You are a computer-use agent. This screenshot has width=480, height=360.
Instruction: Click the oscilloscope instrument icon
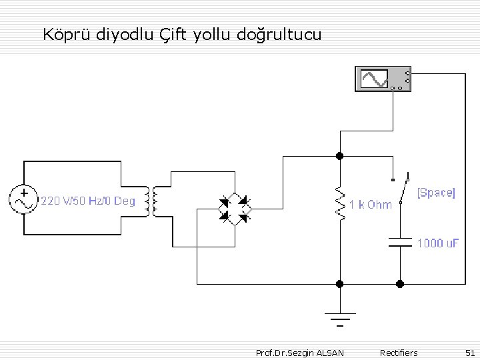[x=383, y=79]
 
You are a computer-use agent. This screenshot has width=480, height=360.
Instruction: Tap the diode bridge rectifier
[x=235, y=207]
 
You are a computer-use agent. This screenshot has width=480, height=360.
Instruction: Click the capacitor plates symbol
[x=400, y=241]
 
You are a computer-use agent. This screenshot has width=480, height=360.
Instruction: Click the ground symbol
[x=339, y=319]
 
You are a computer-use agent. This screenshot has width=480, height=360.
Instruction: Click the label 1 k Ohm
[x=370, y=205]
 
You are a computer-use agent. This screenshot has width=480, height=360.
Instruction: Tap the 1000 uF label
[x=438, y=243]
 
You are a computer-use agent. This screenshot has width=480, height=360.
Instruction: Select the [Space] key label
[x=436, y=193]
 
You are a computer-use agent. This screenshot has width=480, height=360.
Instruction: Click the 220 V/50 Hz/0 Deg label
[x=88, y=201]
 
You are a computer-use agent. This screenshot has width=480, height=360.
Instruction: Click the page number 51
[x=469, y=352]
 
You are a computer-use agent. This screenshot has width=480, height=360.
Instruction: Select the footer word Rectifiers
[x=398, y=352]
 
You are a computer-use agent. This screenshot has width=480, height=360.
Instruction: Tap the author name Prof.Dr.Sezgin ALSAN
[x=300, y=352]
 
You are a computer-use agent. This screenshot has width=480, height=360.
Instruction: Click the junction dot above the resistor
[x=339, y=156]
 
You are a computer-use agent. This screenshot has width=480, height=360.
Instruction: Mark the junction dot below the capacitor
[x=400, y=283]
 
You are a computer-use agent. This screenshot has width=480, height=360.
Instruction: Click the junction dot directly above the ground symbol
[x=339, y=283]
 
